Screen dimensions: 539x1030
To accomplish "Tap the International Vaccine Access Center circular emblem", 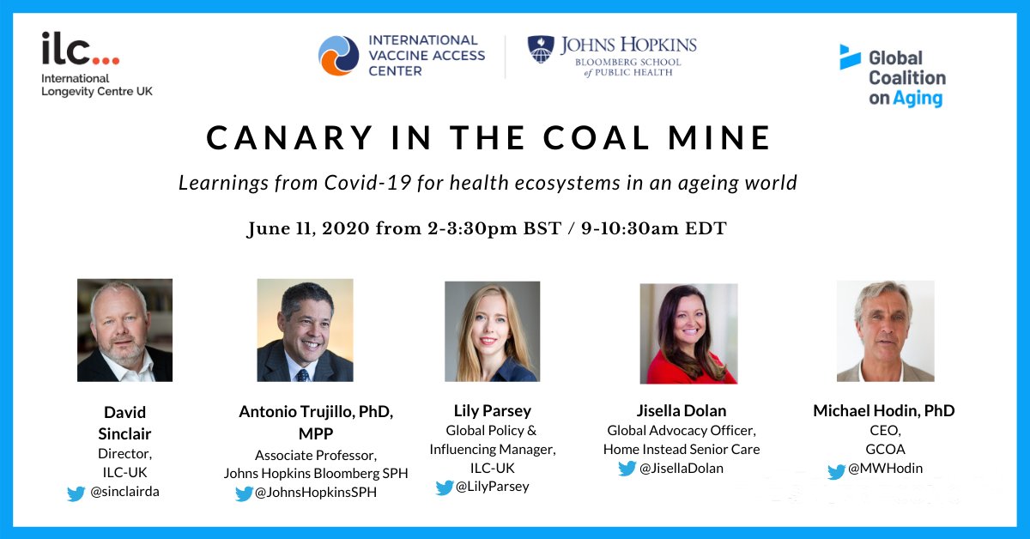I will pyautogui.click(x=338, y=56).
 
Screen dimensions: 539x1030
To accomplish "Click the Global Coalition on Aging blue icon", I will pyautogui.click(x=849, y=57).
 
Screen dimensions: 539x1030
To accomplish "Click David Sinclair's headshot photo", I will pyautogui.click(x=124, y=330).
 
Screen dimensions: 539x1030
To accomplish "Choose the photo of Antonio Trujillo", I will pyautogui.click(x=305, y=330).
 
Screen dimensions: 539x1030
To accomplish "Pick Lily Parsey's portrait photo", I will pyautogui.click(x=492, y=331).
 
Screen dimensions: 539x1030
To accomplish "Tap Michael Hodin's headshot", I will pyautogui.click(x=885, y=330).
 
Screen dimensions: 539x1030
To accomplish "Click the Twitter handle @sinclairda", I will pyautogui.click(x=125, y=493).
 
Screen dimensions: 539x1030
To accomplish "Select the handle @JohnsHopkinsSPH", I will pyautogui.click(x=316, y=493).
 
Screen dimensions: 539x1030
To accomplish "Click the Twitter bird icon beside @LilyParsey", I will pyautogui.click(x=444, y=488).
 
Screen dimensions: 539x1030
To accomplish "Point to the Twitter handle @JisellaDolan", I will pyautogui.click(x=682, y=469).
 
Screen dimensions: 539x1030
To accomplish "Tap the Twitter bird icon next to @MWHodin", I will pyautogui.click(x=837, y=471).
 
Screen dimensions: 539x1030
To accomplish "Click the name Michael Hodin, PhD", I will pyautogui.click(x=883, y=410).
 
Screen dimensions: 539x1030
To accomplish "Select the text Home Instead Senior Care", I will pyautogui.click(x=682, y=449).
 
